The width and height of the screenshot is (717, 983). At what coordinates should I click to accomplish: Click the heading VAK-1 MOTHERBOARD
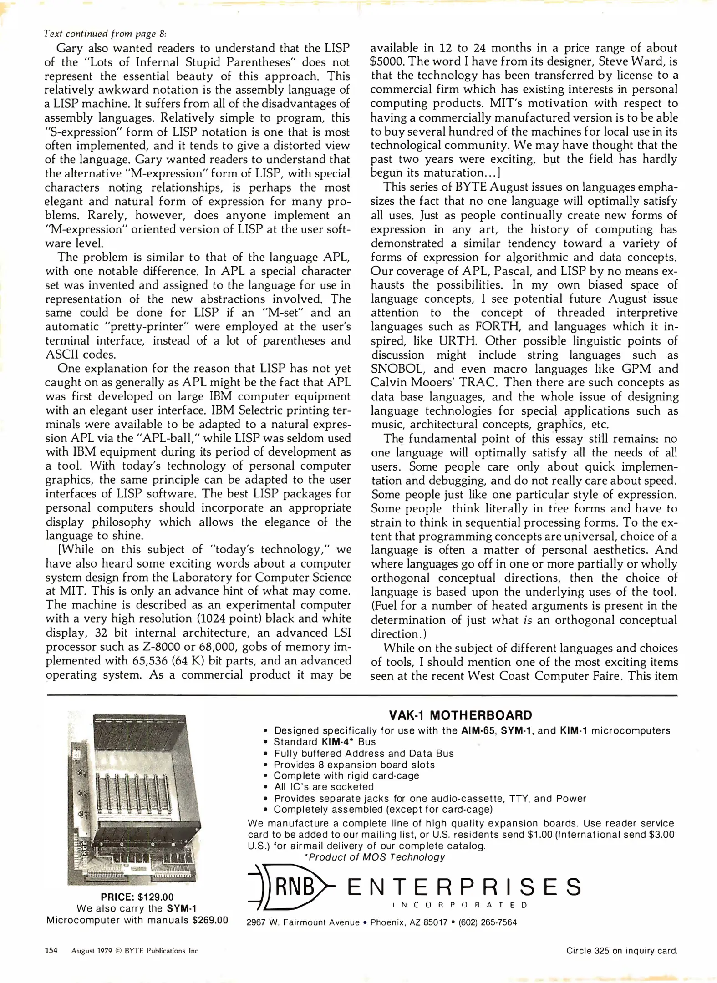[460, 715]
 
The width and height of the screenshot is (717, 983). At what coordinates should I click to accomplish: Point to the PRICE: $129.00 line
[137, 897]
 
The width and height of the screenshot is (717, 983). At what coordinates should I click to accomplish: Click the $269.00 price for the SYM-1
[210, 920]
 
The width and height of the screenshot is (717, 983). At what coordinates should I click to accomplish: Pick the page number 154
[51, 951]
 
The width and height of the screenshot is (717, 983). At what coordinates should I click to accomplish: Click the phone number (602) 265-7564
[488, 922]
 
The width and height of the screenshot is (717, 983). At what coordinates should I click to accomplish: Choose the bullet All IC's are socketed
[323, 787]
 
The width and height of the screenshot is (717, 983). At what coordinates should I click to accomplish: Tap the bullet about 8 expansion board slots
[354, 765]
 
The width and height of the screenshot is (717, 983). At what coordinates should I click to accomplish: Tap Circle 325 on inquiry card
[622, 951]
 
